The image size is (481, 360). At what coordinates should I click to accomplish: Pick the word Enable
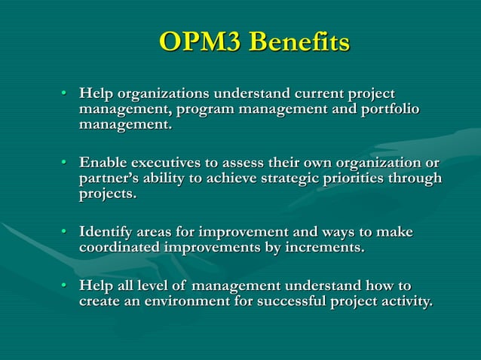pos(103,163)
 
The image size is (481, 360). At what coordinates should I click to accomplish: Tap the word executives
pos(170,163)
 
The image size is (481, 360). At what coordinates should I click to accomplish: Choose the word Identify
pos(109,232)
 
